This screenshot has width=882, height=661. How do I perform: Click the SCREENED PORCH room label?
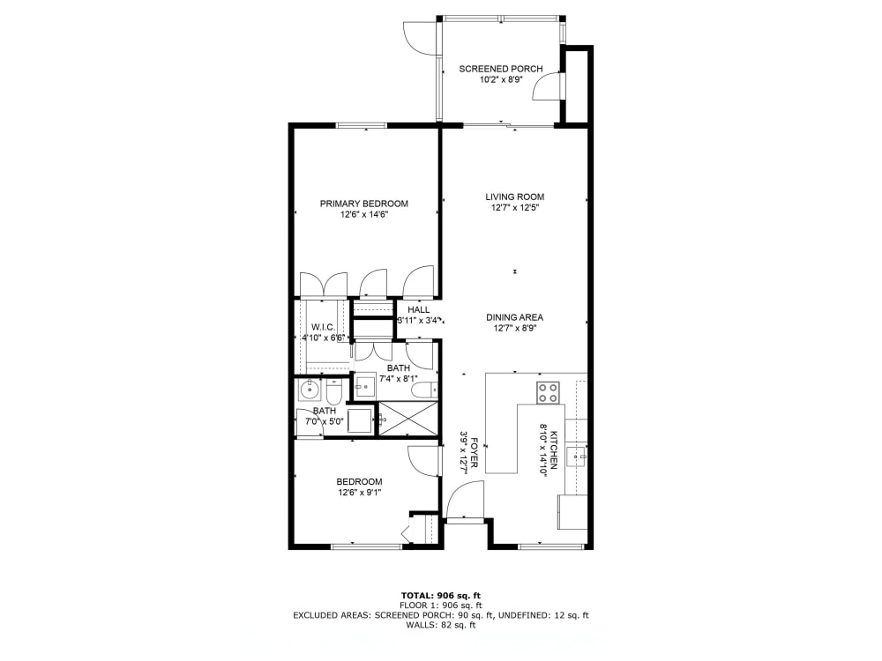(x=500, y=69)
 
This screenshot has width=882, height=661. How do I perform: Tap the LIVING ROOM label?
(x=515, y=197)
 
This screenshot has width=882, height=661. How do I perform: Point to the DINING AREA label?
(x=515, y=317)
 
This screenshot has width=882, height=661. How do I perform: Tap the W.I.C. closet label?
(x=322, y=327)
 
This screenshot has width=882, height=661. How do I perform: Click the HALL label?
(x=418, y=310)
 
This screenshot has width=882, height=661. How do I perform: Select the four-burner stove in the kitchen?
(x=548, y=392)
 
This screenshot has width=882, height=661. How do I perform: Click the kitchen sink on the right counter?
(x=576, y=456)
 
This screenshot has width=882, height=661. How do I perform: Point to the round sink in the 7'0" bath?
(x=309, y=390)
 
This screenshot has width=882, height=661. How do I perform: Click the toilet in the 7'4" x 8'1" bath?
(x=422, y=390)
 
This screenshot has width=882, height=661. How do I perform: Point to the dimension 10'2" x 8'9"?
(x=500, y=79)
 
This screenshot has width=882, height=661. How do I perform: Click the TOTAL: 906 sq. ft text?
(x=440, y=595)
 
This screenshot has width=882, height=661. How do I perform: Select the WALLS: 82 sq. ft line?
(x=440, y=626)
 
